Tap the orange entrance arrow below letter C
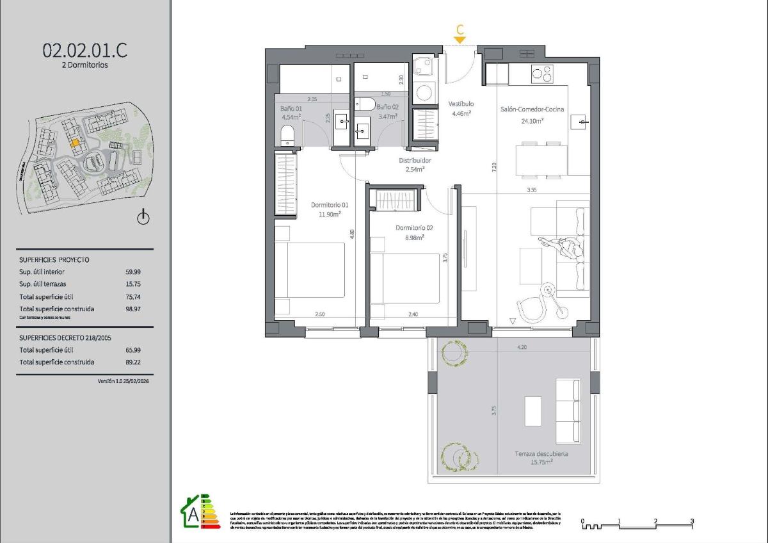(x=460, y=40)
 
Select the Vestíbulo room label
(x=460, y=104)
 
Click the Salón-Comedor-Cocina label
(x=532, y=109)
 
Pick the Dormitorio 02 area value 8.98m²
(x=414, y=237)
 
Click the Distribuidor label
(x=415, y=161)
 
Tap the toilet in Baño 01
(x=287, y=135)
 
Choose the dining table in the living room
(x=541, y=161)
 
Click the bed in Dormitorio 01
(x=310, y=269)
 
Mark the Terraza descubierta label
(x=542, y=453)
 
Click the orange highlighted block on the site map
(x=75, y=143)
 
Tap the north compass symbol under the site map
(x=143, y=218)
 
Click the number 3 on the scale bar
(x=692, y=521)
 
